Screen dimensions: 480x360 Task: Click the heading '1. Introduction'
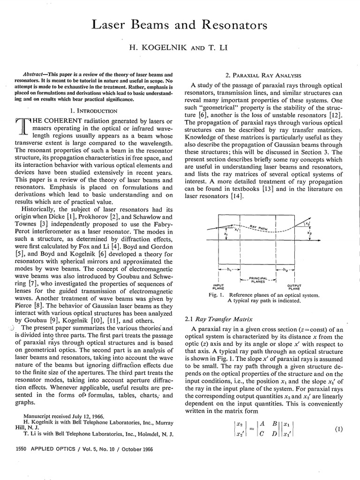(96, 111)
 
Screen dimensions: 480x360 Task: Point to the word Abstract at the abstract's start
(34, 75)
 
